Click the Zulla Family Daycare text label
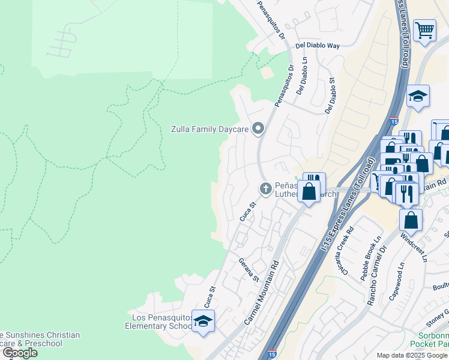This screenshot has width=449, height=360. [209, 128]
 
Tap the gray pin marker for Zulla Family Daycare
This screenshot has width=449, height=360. [259, 128]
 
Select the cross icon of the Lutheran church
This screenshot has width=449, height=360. [265, 189]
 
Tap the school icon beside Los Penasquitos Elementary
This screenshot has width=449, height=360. [203, 322]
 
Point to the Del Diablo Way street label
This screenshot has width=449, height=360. [317, 46]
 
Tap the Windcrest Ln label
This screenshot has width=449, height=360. [414, 248]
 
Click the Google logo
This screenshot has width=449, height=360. [20, 353]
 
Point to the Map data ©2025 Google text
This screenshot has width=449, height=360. [411, 355]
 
